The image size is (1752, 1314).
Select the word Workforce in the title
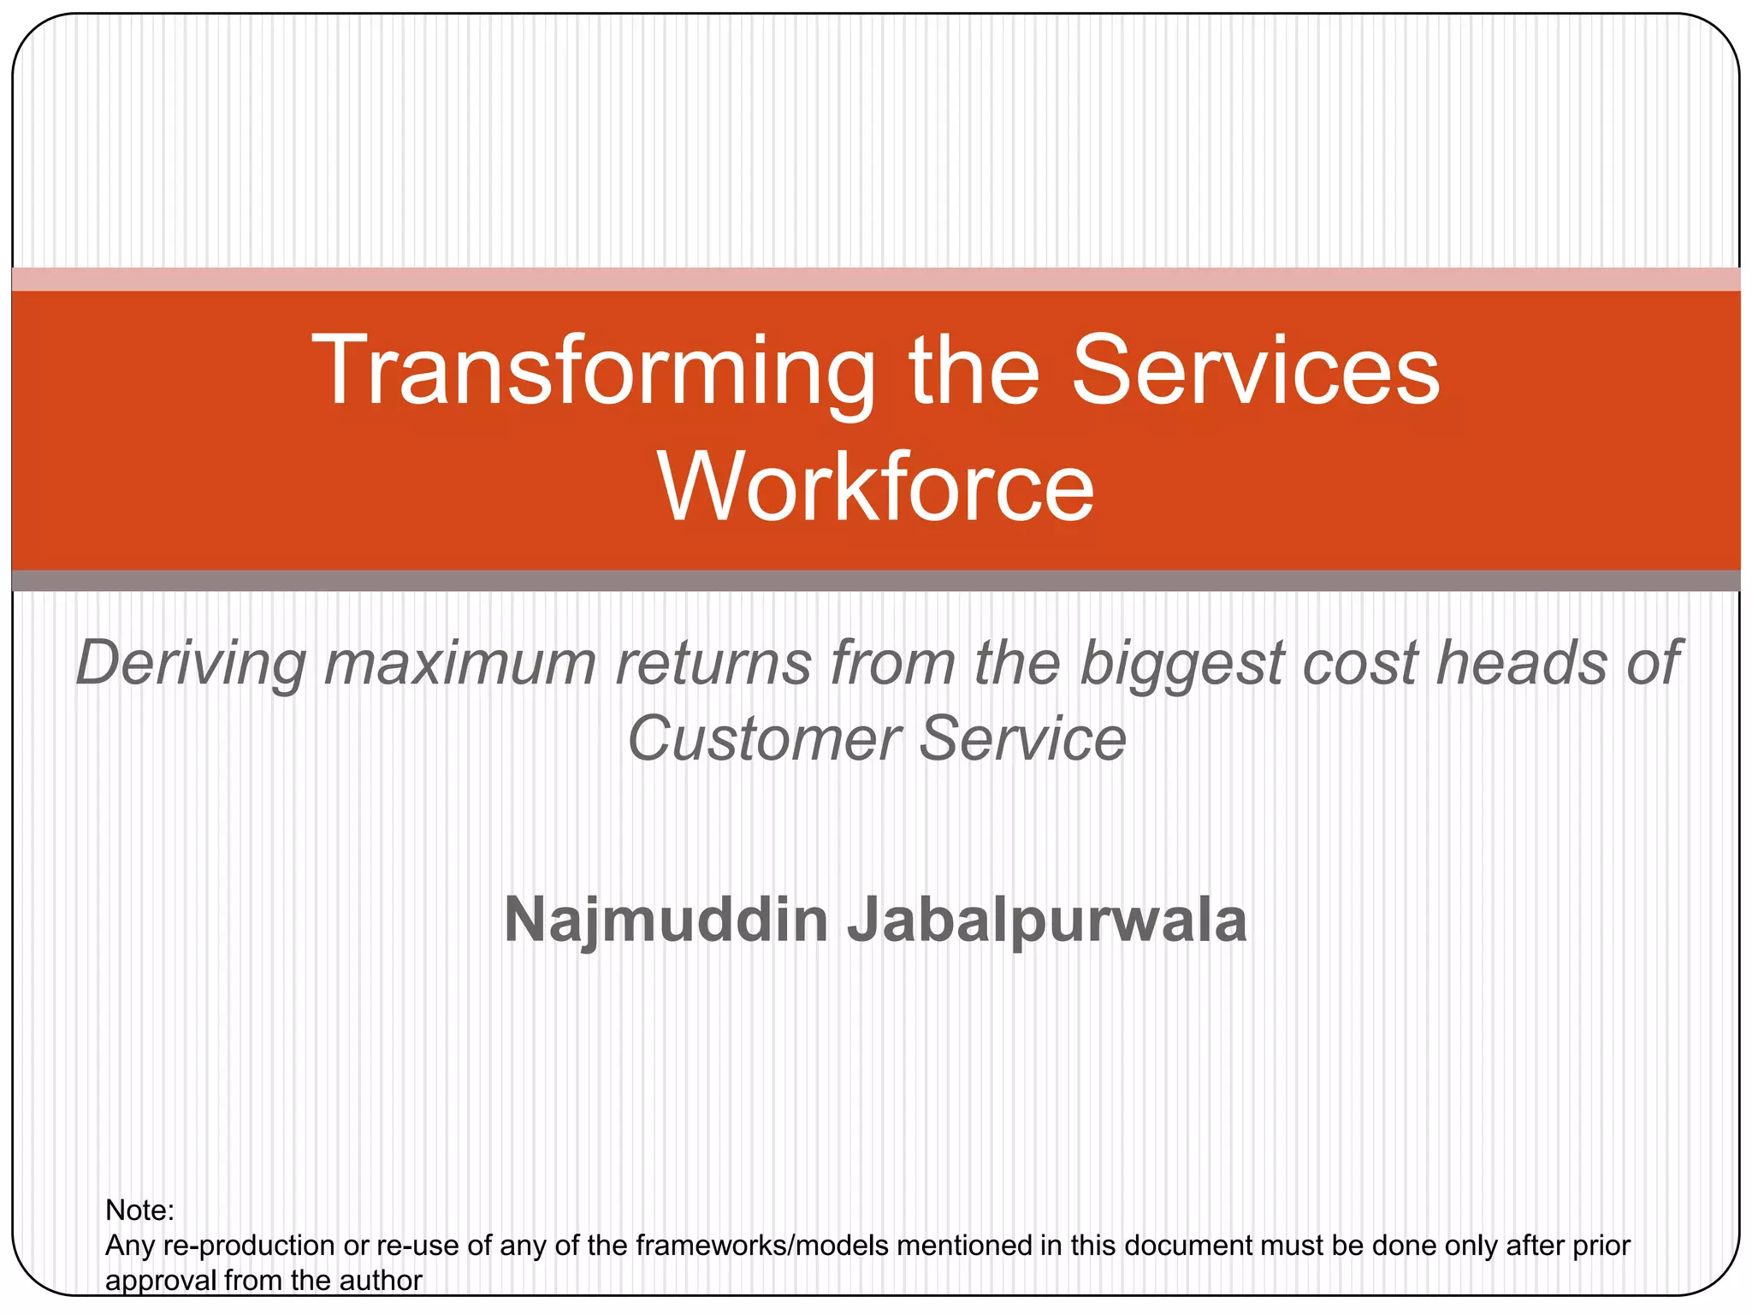[x=876, y=487]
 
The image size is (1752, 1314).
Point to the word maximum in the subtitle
[x=459, y=664]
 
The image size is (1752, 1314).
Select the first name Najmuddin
[x=666, y=921]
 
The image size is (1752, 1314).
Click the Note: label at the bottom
[x=139, y=1210]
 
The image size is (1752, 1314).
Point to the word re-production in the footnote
[x=248, y=1246]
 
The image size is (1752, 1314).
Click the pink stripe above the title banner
[x=876, y=280]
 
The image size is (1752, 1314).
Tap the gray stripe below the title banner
[x=876, y=581]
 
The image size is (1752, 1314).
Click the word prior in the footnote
[x=1600, y=1246]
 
